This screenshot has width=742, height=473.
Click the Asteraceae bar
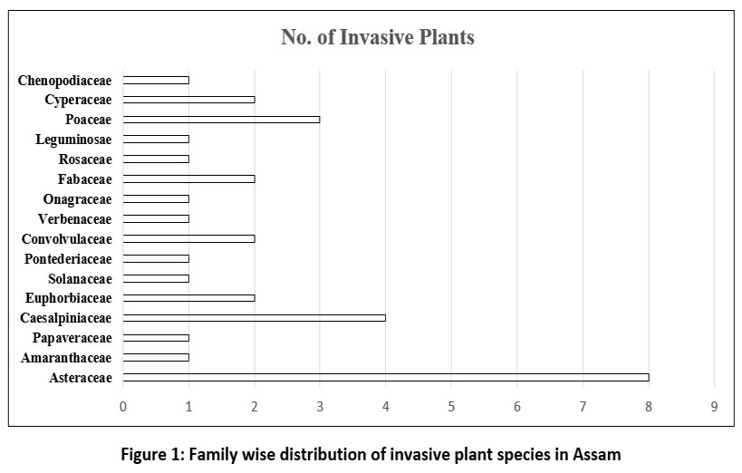click(x=386, y=377)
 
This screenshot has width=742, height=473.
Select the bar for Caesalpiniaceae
click(x=255, y=317)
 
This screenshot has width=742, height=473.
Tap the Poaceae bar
click(x=221, y=120)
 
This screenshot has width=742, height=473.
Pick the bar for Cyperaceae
click(x=188, y=100)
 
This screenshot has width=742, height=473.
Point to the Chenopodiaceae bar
click(x=156, y=80)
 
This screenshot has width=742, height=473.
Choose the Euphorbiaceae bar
click(x=188, y=297)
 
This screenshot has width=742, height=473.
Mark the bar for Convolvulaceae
click(x=188, y=238)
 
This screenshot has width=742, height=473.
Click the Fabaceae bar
click(x=188, y=179)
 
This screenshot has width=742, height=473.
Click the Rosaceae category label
click(x=85, y=159)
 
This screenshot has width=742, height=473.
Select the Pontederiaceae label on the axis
click(x=68, y=258)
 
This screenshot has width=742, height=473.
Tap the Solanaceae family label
click(x=81, y=278)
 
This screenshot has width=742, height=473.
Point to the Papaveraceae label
click(x=72, y=338)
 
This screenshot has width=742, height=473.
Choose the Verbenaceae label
click(x=75, y=218)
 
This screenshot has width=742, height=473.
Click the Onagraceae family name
click(x=77, y=198)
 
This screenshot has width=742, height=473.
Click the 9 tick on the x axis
click(x=714, y=406)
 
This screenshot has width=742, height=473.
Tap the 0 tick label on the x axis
click(x=123, y=406)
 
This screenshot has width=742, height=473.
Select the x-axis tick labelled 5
click(x=451, y=406)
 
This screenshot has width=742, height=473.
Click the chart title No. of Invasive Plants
click(x=378, y=38)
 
